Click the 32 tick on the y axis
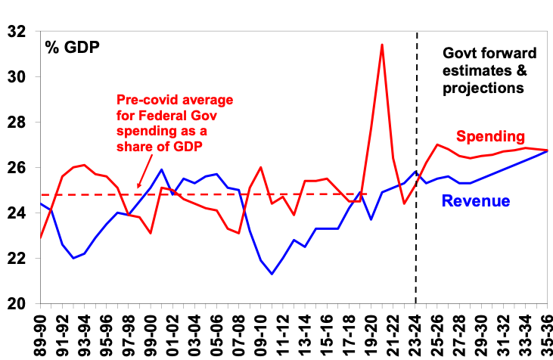(x=15, y=32)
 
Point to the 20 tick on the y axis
(x=15, y=304)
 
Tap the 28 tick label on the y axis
(x=15, y=123)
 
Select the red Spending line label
(x=489, y=137)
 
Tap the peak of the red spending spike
(x=381, y=45)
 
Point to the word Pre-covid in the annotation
(x=142, y=100)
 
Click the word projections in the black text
(x=483, y=87)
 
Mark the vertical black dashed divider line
(x=417, y=227)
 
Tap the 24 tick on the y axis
(x=15, y=213)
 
